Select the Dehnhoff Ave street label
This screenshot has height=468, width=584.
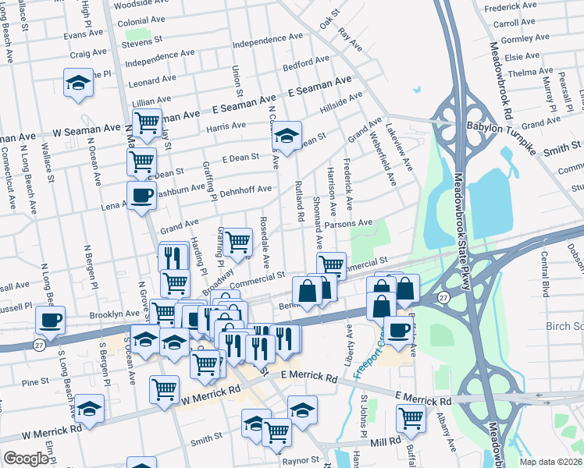click(x=245, y=190)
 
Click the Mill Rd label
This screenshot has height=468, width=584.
click(x=385, y=441)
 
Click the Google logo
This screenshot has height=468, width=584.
click(x=26, y=459)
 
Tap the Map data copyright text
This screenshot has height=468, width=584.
click(x=551, y=460)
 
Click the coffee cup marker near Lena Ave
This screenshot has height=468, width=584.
click(x=141, y=195)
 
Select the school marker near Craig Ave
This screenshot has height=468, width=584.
click(x=78, y=83)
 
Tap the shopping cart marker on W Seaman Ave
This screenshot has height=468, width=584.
click(x=146, y=123)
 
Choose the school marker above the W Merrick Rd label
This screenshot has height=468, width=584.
click(x=89, y=408)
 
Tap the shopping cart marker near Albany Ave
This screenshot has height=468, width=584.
click(x=411, y=417)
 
